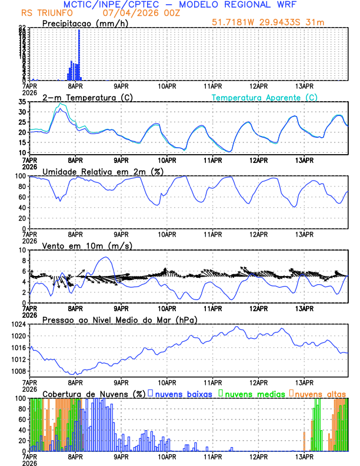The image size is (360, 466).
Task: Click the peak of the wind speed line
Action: (x=105, y=257)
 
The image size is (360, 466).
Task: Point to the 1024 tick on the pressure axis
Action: (x=19, y=324)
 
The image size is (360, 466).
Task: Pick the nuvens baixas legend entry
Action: (x=182, y=393)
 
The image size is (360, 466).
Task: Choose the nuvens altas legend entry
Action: (x=318, y=393)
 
